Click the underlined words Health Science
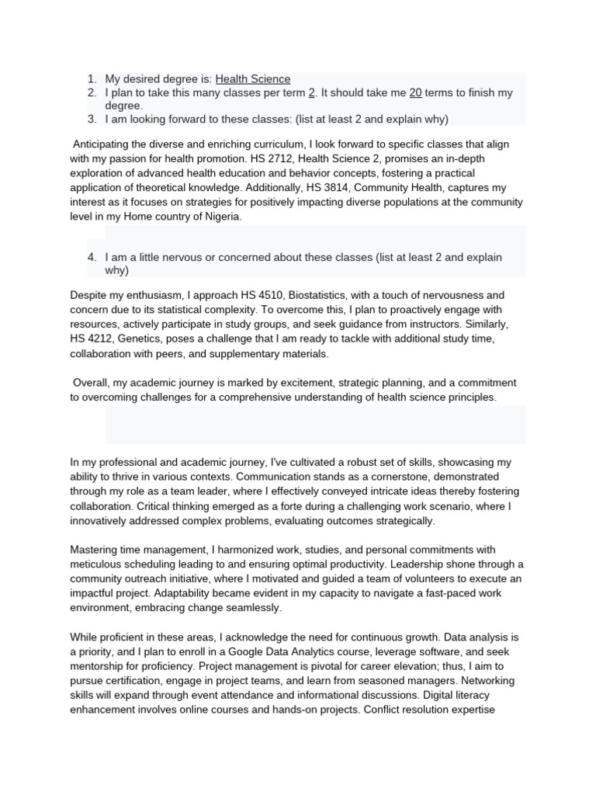[x=253, y=78]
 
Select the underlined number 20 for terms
[x=415, y=92]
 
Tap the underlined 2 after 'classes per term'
[x=311, y=92]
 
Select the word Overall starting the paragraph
[x=94, y=383]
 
